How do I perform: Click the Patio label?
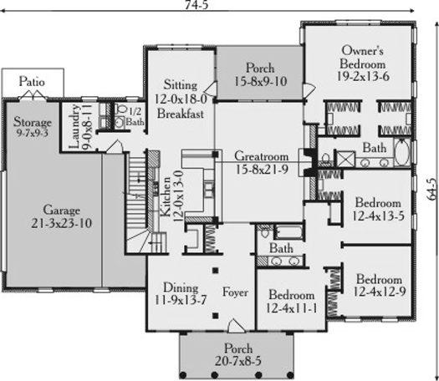32,82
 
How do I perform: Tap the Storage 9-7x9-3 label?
33,127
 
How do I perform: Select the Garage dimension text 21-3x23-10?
61,223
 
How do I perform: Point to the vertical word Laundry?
74,126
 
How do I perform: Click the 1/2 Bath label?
135,117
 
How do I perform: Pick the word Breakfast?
181,114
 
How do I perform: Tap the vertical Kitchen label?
166,196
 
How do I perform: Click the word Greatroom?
261,156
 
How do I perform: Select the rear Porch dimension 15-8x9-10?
260,81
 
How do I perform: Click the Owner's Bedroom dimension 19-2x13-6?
363,76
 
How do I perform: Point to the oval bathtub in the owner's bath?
401,152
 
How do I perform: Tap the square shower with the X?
345,160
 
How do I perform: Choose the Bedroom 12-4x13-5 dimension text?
378,216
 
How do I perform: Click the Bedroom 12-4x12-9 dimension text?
380,292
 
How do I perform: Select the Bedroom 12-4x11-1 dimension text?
292,308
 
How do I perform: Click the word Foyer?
235,292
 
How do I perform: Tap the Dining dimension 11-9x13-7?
181,300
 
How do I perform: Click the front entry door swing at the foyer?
236,326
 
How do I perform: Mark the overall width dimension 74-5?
197,5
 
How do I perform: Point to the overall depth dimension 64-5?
432,189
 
